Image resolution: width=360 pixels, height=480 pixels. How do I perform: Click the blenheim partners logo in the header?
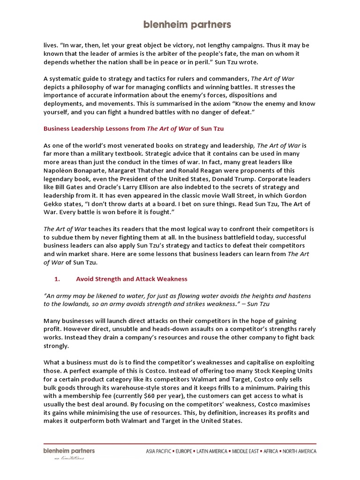pyautogui.click(x=180, y=24)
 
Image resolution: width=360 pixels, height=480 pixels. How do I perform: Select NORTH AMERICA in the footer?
pyautogui.click(x=298, y=451)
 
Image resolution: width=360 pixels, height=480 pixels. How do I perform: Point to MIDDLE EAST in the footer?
pyautogui.click(x=245, y=451)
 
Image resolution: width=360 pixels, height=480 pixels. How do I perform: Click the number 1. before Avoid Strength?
pyautogui.click(x=58, y=279)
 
